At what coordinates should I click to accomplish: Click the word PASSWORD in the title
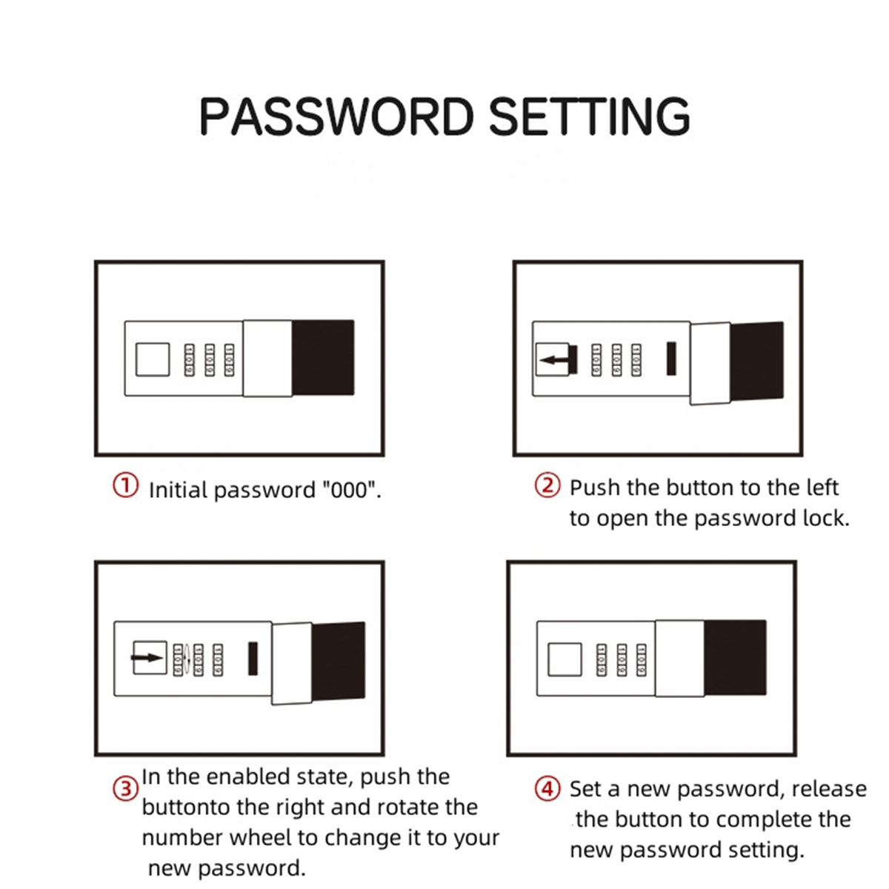click(x=336, y=117)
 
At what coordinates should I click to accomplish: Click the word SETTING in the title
click(x=589, y=117)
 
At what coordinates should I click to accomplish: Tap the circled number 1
click(x=125, y=487)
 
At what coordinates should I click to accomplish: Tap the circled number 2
click(x=547, y=486)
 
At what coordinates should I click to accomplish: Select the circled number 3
click(x=125, y=789)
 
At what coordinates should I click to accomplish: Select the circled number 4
click(x=547, y=788)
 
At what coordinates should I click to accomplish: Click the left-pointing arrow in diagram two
click(x=556, y=360)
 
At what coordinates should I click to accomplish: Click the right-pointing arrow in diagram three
click(x=147, y=657)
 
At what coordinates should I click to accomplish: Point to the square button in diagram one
click(x=153, y=359)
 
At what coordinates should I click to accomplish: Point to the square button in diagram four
click(x=565, y=659)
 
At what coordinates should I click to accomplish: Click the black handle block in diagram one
click(x=323, y=357)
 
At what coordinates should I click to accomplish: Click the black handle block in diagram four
click(x=735, y=657)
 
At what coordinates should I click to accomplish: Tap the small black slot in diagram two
click(x=672, y=358)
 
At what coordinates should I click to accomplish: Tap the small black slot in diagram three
click(x=253, y=658)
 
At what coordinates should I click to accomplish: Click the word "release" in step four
click(x=829, y=789)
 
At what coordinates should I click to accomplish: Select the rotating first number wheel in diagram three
click(x=179, y=659)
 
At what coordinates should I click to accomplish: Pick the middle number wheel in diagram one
click(x=209, y=359)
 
